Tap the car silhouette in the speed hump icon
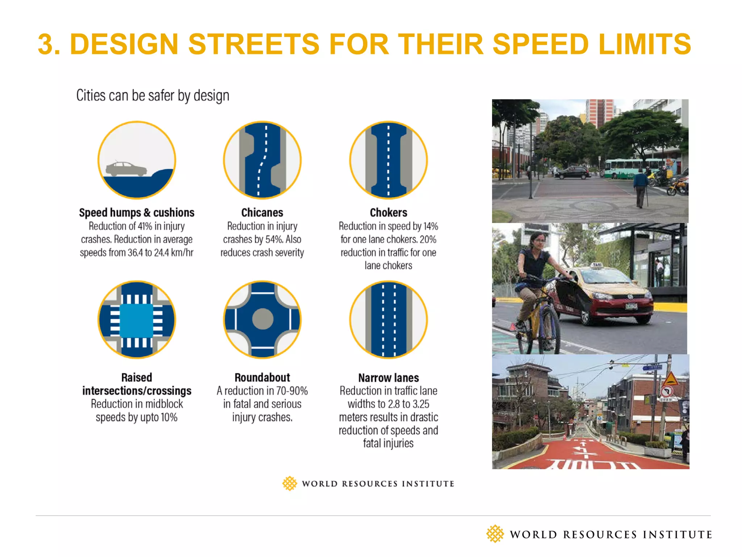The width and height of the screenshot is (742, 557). click(126, 169)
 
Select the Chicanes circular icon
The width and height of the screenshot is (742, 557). click(262, 160)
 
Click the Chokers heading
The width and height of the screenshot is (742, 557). click(388, 213)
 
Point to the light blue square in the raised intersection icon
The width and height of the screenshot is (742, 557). click(137, 320)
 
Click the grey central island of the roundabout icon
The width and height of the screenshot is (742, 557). click(262, 319)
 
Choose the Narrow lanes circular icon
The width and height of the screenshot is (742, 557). click(388, 319)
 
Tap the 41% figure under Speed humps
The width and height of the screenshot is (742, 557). click(145, 226)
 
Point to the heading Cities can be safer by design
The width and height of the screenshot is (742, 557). click(153, 96)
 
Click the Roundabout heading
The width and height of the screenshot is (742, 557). click(262, 377)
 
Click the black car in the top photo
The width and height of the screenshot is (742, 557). click(572, 173)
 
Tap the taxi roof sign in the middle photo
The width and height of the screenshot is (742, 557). click(597, 265)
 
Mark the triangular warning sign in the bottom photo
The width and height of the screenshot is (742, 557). click(670, 379)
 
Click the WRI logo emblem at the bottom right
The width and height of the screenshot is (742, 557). click(495, 534)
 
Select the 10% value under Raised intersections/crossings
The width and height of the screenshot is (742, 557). click(169, 417)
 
